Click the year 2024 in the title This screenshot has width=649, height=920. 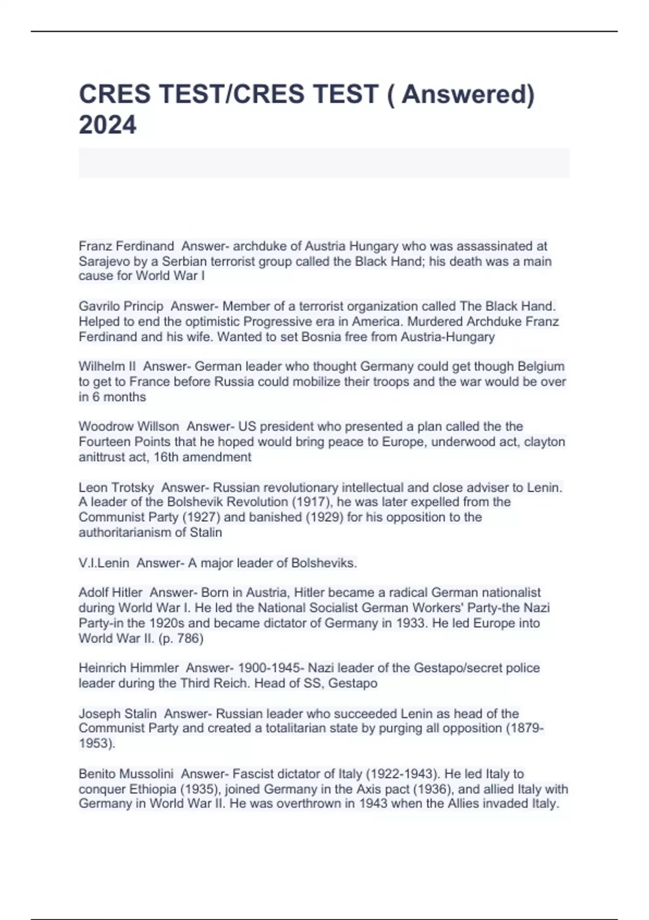click(x=108, y=124)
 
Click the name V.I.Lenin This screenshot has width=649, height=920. click(x=104, y=563)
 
